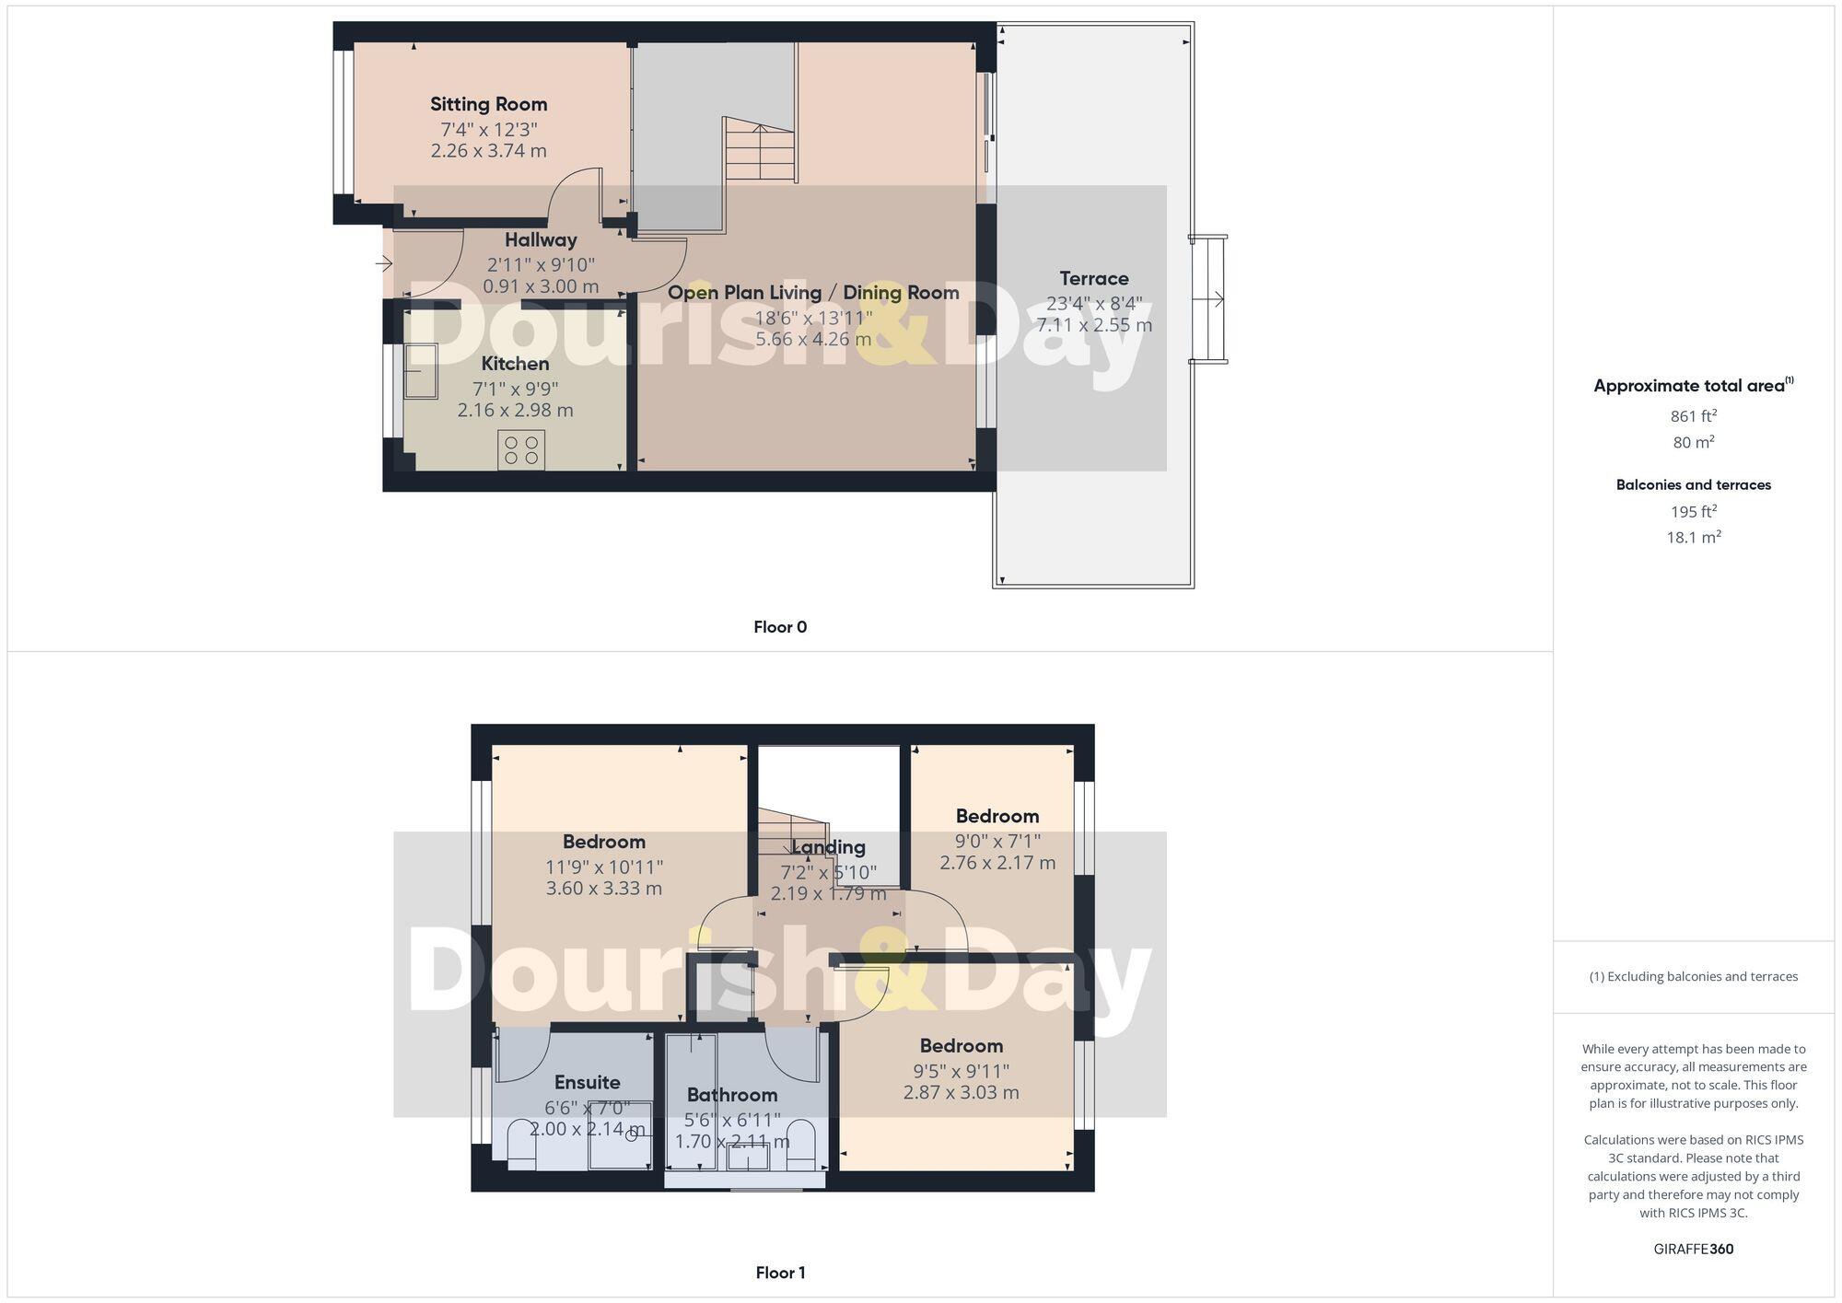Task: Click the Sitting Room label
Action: click(488, 104)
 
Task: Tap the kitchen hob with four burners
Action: click(521, 450)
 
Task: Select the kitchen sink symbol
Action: click(421, 371)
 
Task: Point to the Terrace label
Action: click(1093, 278)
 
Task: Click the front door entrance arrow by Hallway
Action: click(384, 265)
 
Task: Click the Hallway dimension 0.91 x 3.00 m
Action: click(541, 286)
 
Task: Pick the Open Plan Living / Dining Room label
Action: click(813, 293)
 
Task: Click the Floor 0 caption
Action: click(780, 627)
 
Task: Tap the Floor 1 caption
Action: click(780, 1273)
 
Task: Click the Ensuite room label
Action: click(587, 1082)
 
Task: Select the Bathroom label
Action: click(732, 1095)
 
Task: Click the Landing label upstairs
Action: click(828, 847)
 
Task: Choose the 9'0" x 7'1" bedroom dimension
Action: click(997, 841)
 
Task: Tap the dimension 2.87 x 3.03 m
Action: click(961, 1093)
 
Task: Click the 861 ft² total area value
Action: click(1693, 416)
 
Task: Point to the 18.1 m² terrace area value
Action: click(1693, 537)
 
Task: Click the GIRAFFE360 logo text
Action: click(1693, 1250)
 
